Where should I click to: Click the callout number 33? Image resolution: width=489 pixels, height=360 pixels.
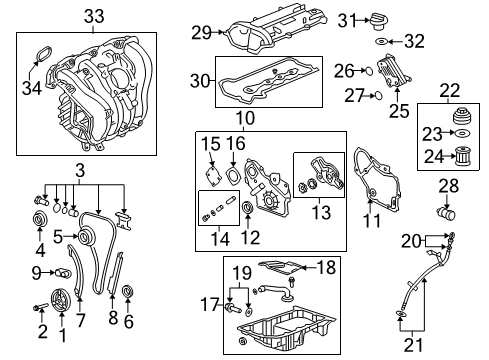[x=93, y=17]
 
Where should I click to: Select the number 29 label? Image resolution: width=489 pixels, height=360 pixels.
[x=201, y=33]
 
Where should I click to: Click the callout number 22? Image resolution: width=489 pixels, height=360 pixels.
[x=452, y=91]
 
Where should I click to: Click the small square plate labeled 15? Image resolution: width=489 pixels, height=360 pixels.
[x=212, y=173]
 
